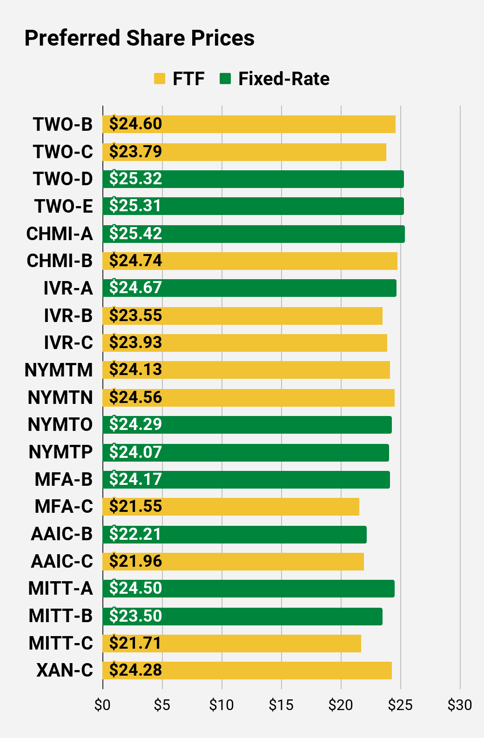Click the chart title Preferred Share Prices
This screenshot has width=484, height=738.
[x=139, y=38]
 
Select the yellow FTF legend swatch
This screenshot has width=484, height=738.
[x=160, y=79]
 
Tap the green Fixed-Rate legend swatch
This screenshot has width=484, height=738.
[x=225, y=79]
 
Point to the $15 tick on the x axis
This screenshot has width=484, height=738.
[x=281, y=705]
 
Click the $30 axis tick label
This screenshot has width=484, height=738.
[x=460, y=705]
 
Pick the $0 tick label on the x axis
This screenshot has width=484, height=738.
[x=102, y=705]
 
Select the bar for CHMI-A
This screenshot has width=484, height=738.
[x=254, y=234]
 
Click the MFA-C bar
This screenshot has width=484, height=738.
[x=231, y=506]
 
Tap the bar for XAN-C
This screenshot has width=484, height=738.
[x=247, y=670]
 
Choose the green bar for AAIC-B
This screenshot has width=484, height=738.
[x=235, y=534]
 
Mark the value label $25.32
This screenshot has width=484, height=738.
[x=135, y=179]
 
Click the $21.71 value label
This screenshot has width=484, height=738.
[x=135, y=643]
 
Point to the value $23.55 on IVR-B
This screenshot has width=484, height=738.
[x=135, y=315]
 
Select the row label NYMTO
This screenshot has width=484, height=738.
[x=60, y=424]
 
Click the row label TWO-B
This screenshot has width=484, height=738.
[x=63, y=125]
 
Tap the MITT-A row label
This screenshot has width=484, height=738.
[x=60, y=589]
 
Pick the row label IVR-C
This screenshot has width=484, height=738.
[x=68, y=342]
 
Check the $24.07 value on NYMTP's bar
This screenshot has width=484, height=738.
[x=135, y=452]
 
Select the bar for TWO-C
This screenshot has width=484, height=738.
[x=244, y=152]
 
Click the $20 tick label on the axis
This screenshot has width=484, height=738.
[x=341, y=705]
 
